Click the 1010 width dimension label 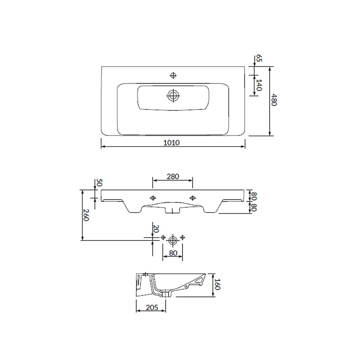click(x=171, y=143)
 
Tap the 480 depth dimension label click(x=274, y=100)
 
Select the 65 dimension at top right click(x=259, y=58)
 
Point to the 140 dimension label click(x=259, y=85)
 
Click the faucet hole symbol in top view click(x=173, y=75)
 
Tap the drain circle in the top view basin click(x=173, y=96)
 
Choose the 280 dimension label click(x=173, y=176)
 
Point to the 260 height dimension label click(x=85, y=215)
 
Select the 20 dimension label click(x=156, y=229)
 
